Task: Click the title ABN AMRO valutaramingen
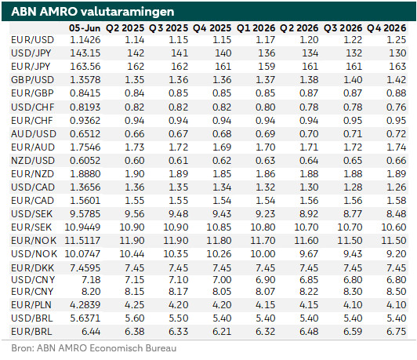click(92, 12)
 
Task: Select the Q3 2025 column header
click(169, 28)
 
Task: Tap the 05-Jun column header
click(85, 28)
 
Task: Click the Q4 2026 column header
click(386, 28)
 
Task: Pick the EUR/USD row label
click(32, 40)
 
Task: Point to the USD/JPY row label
click(31, 53)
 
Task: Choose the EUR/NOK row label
click(34, 241)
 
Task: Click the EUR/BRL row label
click(31, 332)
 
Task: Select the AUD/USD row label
click(34, 133)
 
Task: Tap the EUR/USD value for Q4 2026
click(397, 40)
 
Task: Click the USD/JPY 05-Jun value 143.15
click(85, 53)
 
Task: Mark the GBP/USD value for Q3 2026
click(353, 80)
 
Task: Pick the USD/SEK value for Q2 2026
click(309, 214)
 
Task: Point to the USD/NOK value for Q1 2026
click(263, 254)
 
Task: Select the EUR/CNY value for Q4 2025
click(222, 292)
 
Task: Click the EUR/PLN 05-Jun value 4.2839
click(85, 305)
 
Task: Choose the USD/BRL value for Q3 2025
click(178, 318)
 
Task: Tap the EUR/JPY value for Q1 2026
click(267, 67)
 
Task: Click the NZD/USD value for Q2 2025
click(134, 161)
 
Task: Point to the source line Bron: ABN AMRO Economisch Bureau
click(94, 348)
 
